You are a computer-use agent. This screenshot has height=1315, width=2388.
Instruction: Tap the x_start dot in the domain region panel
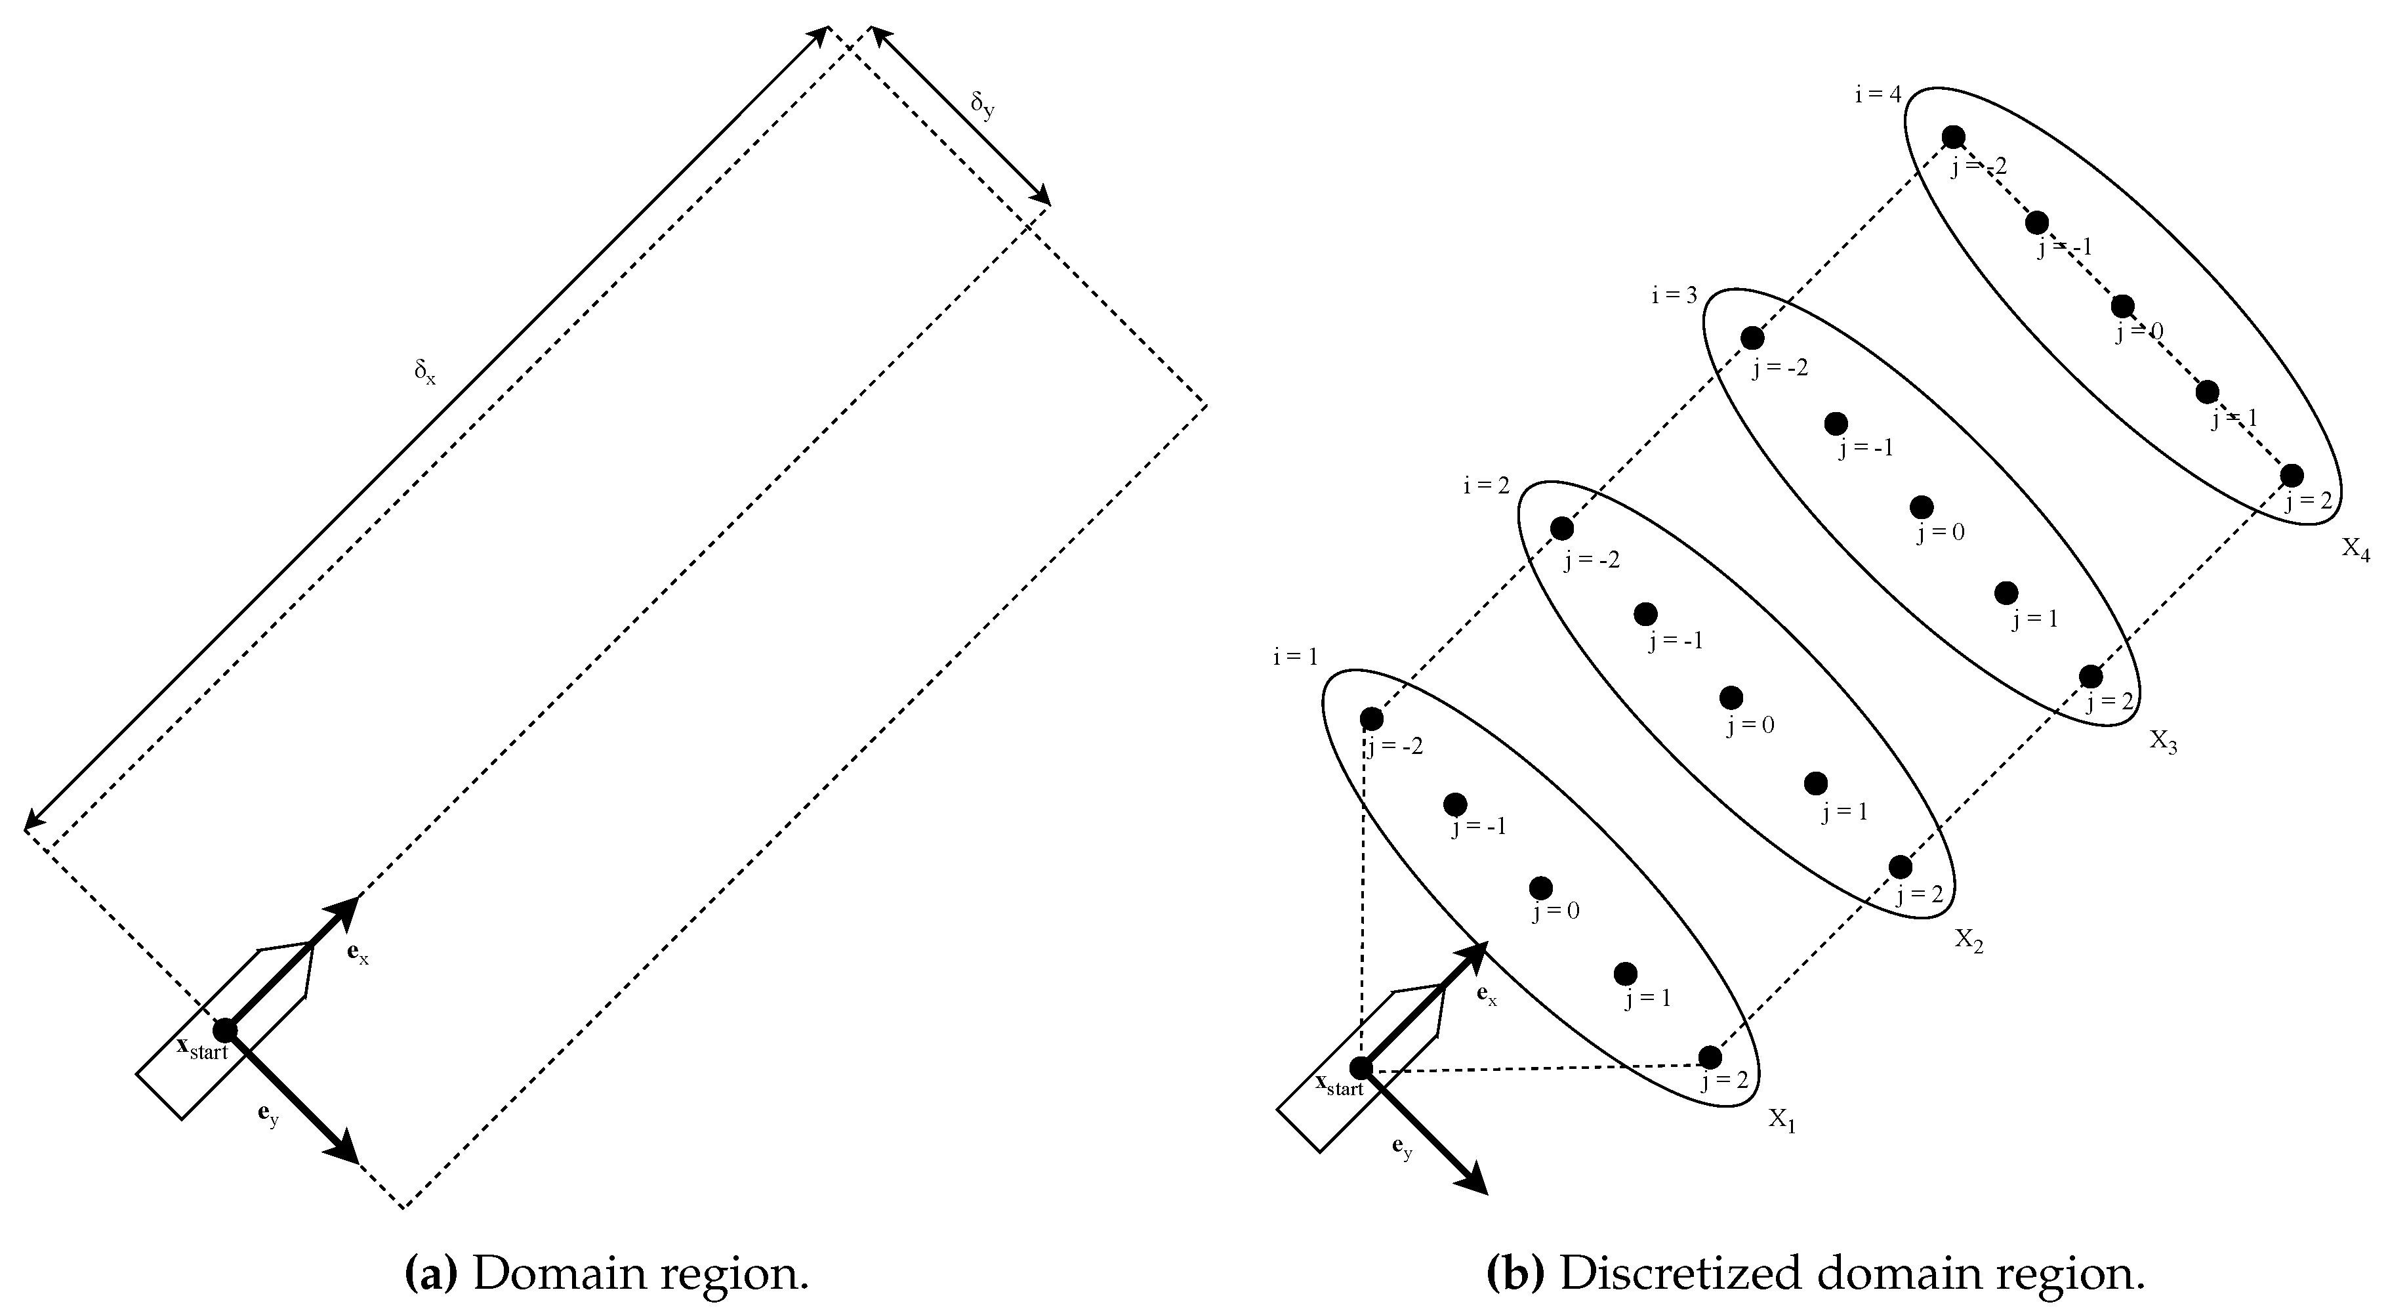224,1030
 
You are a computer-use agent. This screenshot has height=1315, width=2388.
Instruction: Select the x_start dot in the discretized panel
1361,1068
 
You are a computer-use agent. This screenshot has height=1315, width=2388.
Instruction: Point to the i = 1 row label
1295,657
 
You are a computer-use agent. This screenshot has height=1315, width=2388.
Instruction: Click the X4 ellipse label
2356,550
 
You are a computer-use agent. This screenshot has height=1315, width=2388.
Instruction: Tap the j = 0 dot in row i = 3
1922,507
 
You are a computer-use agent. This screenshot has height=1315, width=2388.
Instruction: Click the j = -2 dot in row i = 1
1371,719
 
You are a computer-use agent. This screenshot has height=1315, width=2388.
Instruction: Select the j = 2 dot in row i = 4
2292,475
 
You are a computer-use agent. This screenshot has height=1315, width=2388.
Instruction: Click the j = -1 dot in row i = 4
2036,222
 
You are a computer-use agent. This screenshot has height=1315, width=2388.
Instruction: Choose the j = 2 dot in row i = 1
1710,1057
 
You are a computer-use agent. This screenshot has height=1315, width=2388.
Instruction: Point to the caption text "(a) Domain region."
607,1274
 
